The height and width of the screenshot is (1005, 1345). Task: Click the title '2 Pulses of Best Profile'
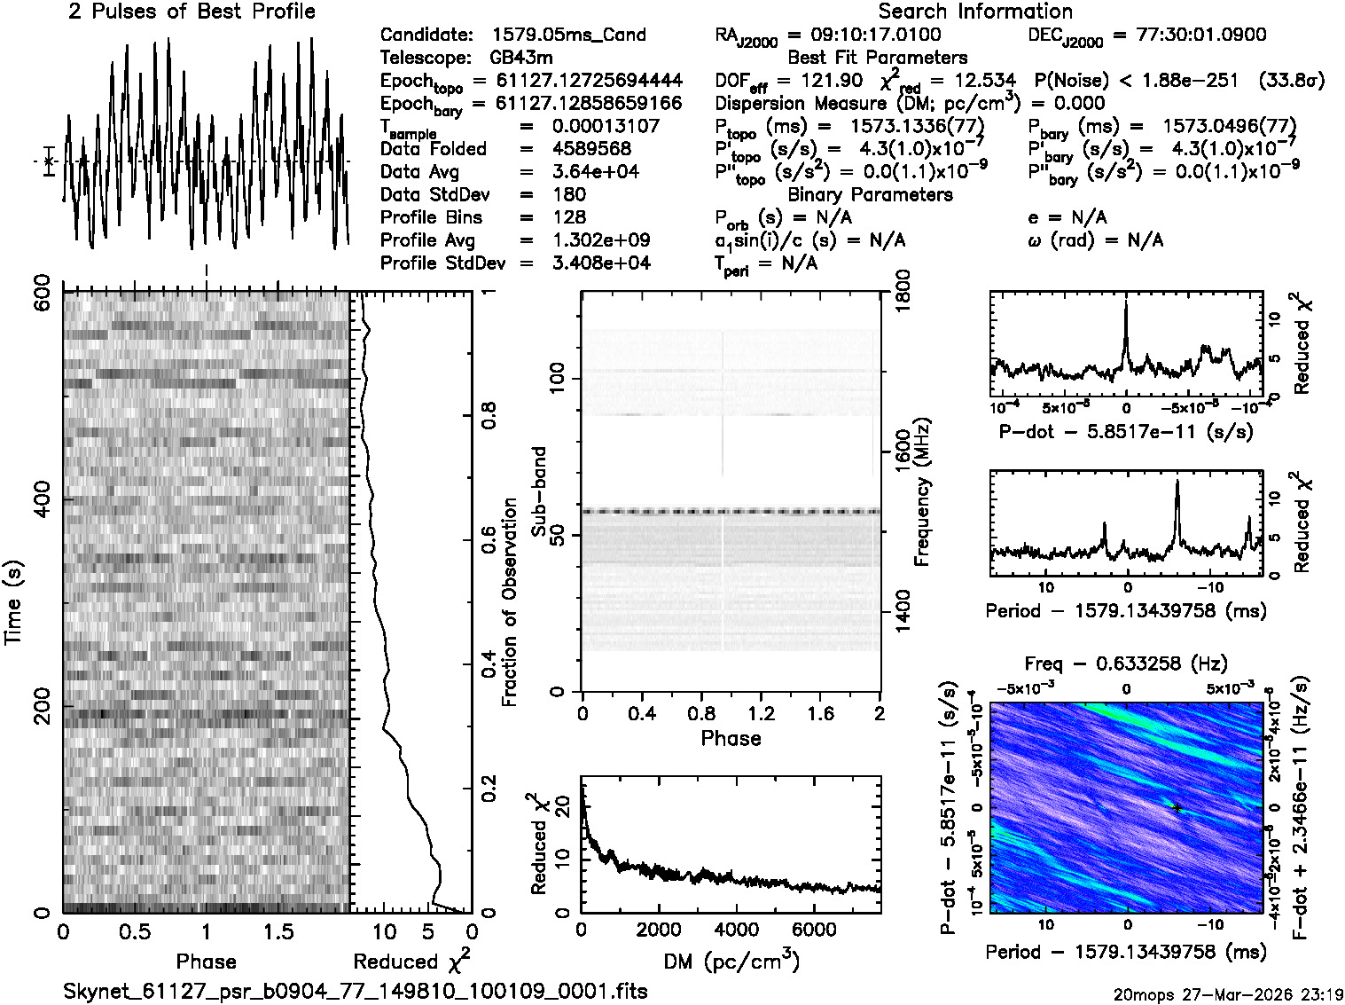tap(192, 12)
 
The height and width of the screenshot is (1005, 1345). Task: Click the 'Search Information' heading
tap(974, 12)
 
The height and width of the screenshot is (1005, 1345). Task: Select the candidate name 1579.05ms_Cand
tap(568, 35)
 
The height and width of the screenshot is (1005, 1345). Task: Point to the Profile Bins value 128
tap(568, 217)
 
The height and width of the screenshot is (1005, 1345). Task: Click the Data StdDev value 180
tap(568, 194)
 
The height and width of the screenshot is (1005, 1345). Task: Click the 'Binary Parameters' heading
tap(870, 194)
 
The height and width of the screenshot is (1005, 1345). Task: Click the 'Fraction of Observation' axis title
tap(510, 601)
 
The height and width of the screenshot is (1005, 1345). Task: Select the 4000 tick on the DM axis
tap(736, 929)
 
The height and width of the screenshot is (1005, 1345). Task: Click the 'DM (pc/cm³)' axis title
tap(731, 961)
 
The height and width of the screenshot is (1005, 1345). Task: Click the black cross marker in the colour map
tap(1177, 807)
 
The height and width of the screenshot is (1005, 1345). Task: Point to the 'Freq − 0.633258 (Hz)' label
tap(1126, 663)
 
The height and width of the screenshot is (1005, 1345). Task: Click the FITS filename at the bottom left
tap(356, 991)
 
